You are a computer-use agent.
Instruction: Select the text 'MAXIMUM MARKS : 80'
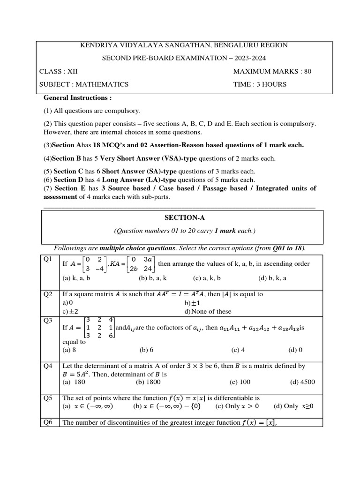click(x=272, y=72)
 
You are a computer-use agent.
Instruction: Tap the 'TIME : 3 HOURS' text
click(x=260, y=85)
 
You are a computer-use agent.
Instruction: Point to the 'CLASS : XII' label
click(x=58, y=72)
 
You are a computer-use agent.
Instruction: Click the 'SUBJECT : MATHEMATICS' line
click(x=84, y=85)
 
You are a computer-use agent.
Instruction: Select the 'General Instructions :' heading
click(x=78, y=98)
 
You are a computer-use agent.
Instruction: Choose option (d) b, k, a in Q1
click(x=272, y=278)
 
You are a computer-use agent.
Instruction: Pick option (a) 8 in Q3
click(x=69, y=350)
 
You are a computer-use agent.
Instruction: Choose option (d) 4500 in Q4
click(x=303, y=382)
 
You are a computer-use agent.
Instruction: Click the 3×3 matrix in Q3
click(x=98, y=327)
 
